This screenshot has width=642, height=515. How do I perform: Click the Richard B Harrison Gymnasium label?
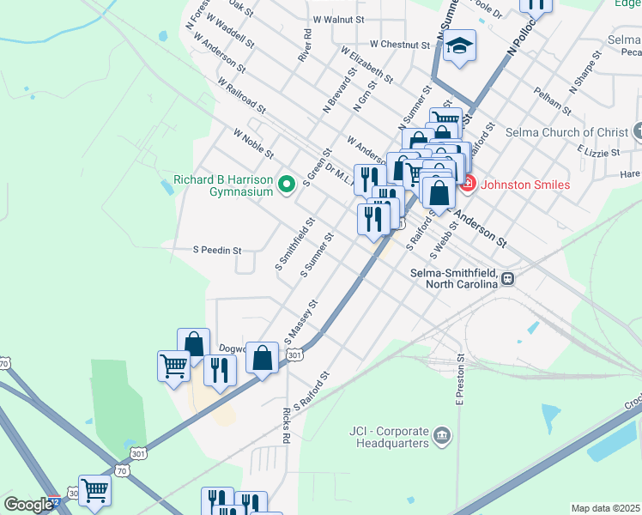223,186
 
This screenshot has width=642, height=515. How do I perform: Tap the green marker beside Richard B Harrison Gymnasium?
288,181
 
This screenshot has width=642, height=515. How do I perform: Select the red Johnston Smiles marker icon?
468,183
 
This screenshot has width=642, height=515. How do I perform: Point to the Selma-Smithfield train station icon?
508,278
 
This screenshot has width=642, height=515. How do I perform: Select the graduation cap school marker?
459,46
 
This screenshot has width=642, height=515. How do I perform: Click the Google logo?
27,505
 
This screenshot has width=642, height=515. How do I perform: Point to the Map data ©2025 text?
606,508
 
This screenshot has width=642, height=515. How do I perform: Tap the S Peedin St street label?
217,251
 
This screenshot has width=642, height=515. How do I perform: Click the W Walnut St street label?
339,18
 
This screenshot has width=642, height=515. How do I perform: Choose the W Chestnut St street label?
399,44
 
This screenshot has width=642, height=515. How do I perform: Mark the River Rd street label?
304,48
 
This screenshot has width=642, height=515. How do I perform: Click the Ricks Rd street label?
285,425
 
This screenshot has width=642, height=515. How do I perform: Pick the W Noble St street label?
252,143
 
